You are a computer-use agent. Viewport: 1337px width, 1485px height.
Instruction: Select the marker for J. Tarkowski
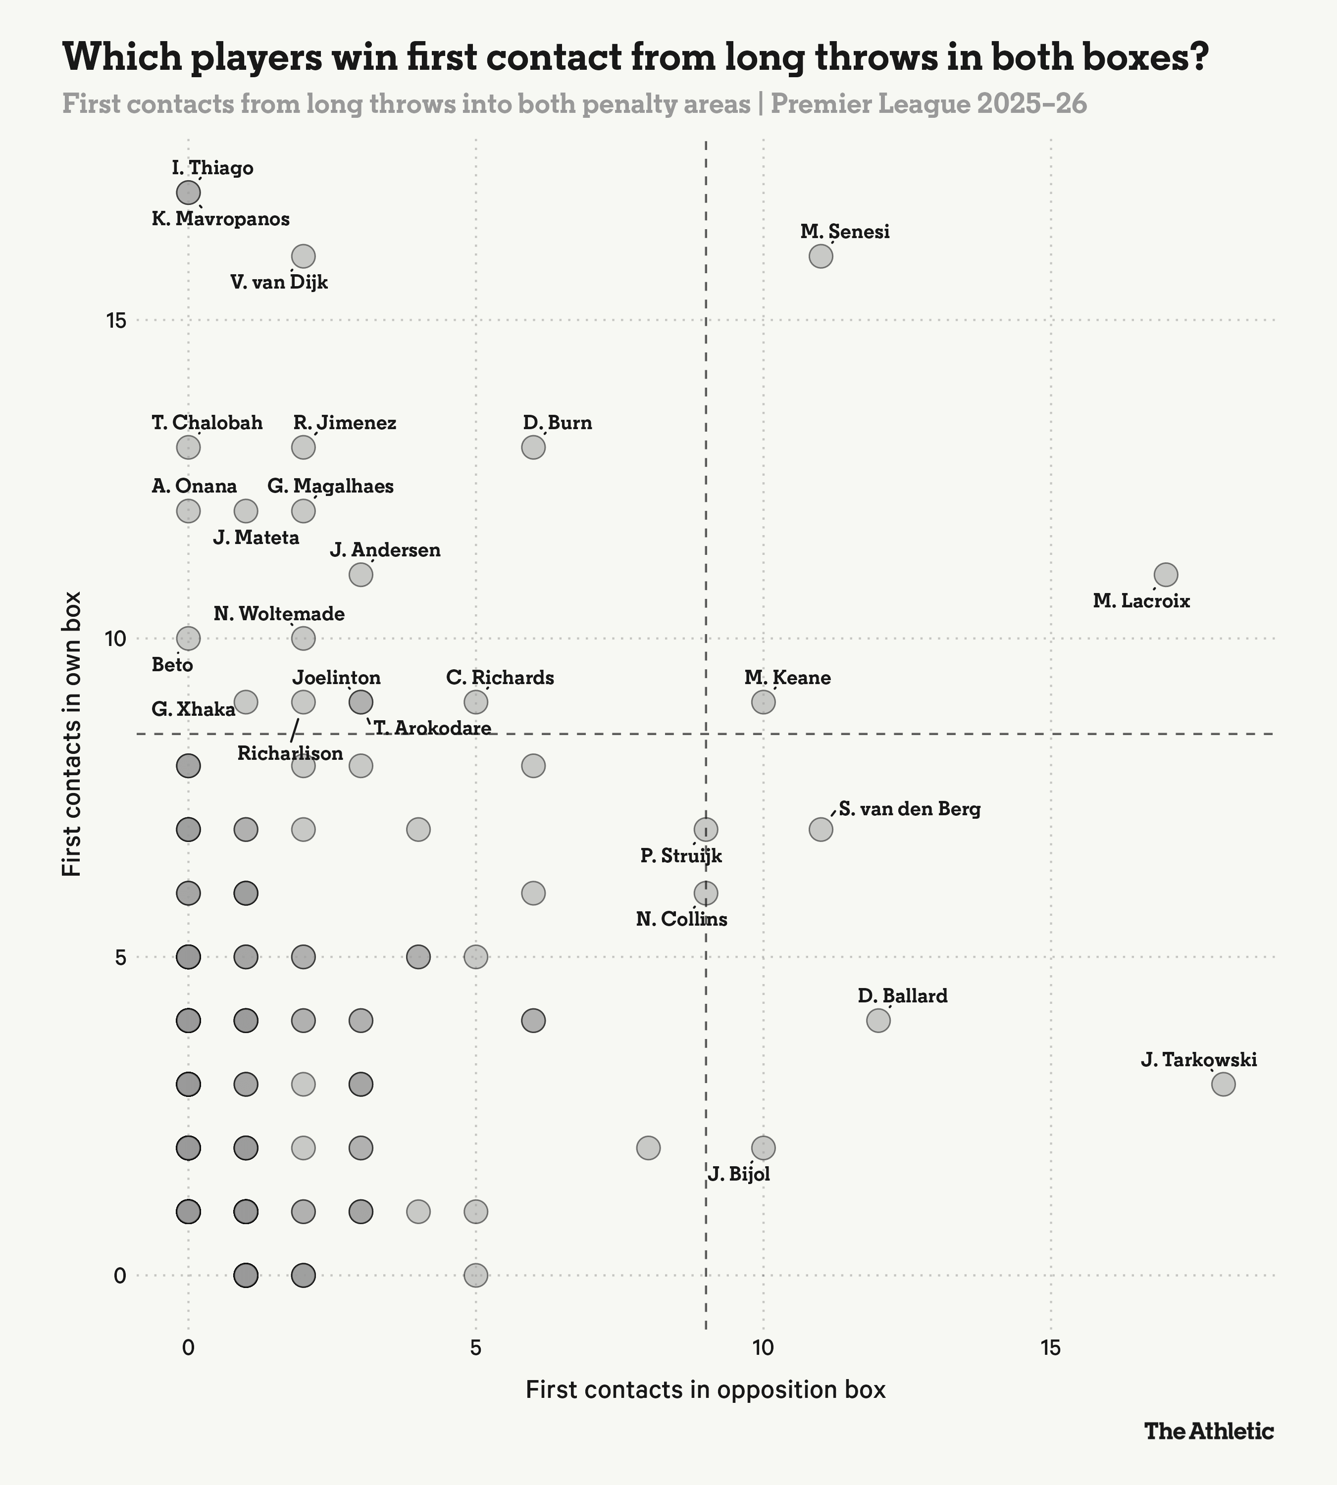[x=1223, y=1084]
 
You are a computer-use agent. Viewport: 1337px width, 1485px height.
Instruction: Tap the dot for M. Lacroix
[x=1166, y=574]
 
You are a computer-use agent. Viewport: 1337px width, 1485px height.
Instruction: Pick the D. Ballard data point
[x=878, y=1020]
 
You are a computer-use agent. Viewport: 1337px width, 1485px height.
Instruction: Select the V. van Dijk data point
[x=304, y=256]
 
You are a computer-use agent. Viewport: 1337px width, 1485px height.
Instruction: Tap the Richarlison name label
[x=290, y=753]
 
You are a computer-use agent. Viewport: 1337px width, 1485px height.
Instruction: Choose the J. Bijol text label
[x=739, y=1174]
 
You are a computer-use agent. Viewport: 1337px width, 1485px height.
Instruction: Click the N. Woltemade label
[x=279, y=614]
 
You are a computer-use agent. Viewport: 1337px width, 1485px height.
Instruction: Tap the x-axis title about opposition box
[x=705, y=1390]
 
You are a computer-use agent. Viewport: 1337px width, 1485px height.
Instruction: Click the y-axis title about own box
[x=71, y=735]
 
